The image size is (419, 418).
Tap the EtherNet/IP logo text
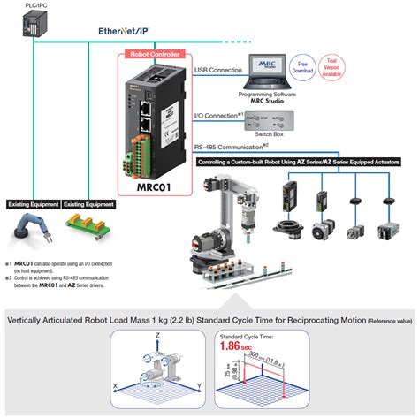[x=123, y=30]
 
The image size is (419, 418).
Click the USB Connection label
[x=217, y=69]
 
